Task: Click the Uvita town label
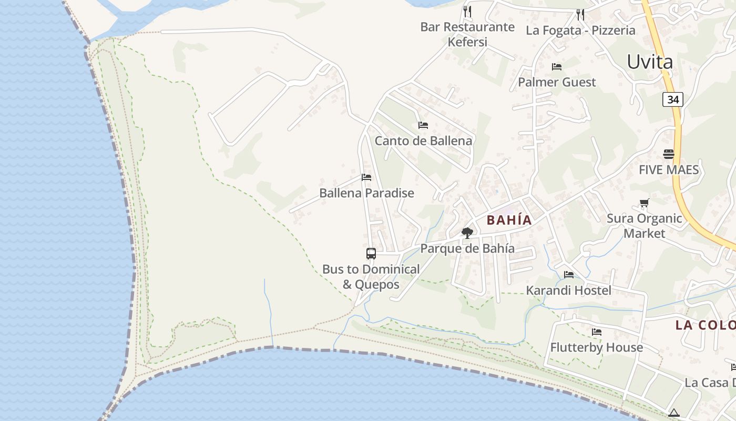[650, 62]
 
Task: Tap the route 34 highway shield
[672, 99]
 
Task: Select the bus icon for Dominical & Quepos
[371, 254]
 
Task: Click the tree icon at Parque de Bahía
[467, 233]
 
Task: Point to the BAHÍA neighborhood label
[509, 220]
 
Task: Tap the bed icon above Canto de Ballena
[423, 125]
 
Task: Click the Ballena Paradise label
[366, 193]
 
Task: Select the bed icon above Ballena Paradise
[366, 177]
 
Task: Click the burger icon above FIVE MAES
[669, 154]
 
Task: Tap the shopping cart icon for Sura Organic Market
[645, 203]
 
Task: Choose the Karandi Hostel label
[568, 290]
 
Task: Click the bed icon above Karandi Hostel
[569, 275]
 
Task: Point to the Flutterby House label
[596, 347]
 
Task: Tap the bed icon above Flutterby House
[597, 332]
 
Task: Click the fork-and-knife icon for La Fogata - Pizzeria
[580, 14]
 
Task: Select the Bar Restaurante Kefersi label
[467, 34]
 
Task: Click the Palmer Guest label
[557, 82]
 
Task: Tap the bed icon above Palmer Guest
[557, 67]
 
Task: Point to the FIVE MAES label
[669, 170]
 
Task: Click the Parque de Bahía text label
[467, 249]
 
